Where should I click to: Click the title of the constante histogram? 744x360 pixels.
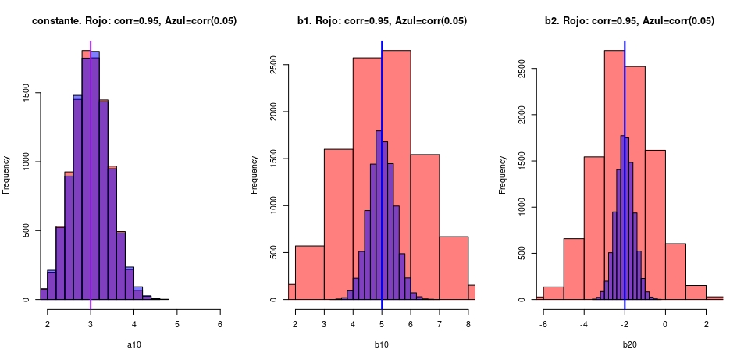pos(134,21)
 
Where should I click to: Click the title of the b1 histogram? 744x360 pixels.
pos(382,21)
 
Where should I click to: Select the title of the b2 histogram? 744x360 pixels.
pos(629,21)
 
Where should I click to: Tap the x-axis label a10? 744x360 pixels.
pos(133,343)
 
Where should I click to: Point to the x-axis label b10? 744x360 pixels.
pos(382,343)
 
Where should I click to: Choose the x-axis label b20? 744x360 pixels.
pos(629,343)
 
